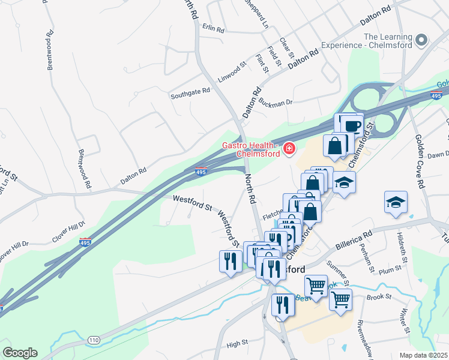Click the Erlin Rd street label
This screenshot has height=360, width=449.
point(213,28)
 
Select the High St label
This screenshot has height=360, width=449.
point(237,343)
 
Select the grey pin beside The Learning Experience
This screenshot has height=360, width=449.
point(421,40)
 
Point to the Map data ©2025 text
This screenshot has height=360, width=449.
point(424,355)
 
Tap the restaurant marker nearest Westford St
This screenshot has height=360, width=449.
point(231,261)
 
